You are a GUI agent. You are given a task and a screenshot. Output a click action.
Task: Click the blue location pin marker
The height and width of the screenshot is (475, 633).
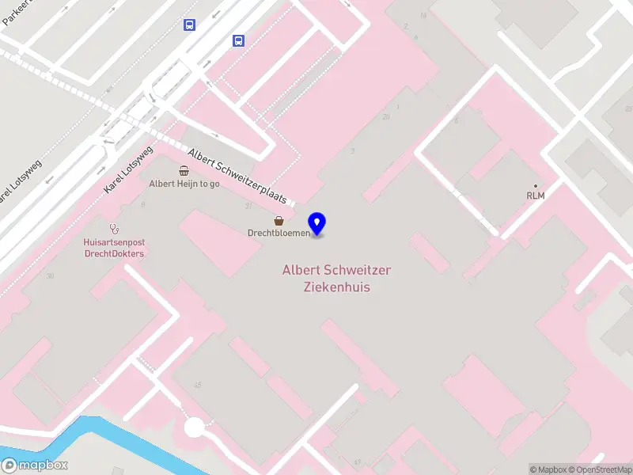click(x=317, y=223)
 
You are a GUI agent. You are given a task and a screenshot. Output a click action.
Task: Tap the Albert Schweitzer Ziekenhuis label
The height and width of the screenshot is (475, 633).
click(x=336, y=279)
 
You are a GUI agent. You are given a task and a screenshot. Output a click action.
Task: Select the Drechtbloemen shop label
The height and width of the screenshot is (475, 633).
click(x=279, y=233)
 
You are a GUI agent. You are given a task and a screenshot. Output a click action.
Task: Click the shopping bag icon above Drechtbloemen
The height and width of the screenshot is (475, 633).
click(x=279, y=221)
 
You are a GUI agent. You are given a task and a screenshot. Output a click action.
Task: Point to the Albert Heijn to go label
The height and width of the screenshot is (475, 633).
click(x=184, y=184)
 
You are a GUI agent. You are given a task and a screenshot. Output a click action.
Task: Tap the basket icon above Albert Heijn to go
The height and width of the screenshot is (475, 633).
click(x=184, y=170)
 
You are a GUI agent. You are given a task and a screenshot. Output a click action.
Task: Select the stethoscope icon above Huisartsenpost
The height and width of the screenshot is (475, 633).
click(x=114, y=228)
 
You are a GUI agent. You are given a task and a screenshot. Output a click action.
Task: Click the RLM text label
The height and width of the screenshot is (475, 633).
click(x=536, y=195)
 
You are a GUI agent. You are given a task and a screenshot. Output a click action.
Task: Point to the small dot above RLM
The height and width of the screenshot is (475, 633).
click(x=536, y=185)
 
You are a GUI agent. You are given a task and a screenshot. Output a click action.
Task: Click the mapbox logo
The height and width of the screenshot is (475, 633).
click(x=35, y=465)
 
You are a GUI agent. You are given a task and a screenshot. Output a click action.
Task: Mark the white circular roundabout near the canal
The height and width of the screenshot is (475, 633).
click(x=195, y=427)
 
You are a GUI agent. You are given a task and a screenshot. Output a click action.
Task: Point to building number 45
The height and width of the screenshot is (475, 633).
click(x=197, y=385)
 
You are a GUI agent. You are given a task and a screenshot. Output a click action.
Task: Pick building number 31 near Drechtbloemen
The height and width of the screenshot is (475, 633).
click(x=248, y=206)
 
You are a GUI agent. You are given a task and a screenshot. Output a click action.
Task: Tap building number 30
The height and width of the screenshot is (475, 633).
click(x=50, y=275)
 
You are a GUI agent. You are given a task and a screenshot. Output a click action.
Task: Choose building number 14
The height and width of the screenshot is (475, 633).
click(x=423, y=15)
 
